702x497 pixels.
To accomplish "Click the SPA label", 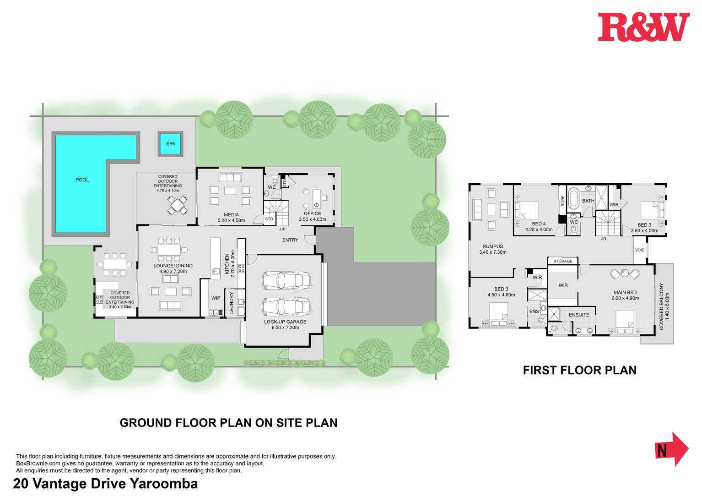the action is pyautogui.click(x=171, y=144).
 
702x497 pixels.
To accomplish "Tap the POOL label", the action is pyautogui.click(x=82, y=180).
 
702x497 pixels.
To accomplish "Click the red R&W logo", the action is pyautogui.click(x=644, y=27).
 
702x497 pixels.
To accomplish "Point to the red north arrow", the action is pyautogui.click(x=672, y=449).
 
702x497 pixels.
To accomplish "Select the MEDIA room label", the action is pyautogui.click(x=231, y=215).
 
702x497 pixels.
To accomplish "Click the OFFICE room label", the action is pyautogui.click(x=313, y=213).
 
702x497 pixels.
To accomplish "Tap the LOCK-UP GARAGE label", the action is pyautogui.click(x=285, y=322).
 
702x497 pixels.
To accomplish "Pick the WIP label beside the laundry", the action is pyautogui.click(x=216, y=298).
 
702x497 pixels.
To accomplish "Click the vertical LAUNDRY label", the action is pyautogui.click(x=232, y=303).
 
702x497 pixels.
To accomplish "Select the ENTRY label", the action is pyautogui.click(x=290, y=240).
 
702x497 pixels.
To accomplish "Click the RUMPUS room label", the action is pyautogui.click(x=493, y=246).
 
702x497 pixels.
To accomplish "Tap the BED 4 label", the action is pyautogui.click(x=539, y=224).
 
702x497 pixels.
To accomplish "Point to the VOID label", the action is pyautogui.click(x=640, y=250).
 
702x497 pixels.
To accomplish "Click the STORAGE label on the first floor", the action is pyautogui.click(x=563, y=261).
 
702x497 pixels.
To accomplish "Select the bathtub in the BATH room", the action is pyautogui.click(x=573, y=199).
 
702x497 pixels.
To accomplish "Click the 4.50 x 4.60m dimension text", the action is pyautogui.click(x=501, y=295).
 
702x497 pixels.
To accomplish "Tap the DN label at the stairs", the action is pyautogui.click(x=603, y=239).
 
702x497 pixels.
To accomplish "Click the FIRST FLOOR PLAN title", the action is pyautogui.click(x=579, y=370).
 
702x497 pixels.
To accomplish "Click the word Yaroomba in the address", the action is pyautogui.click(x=164, y=484).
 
